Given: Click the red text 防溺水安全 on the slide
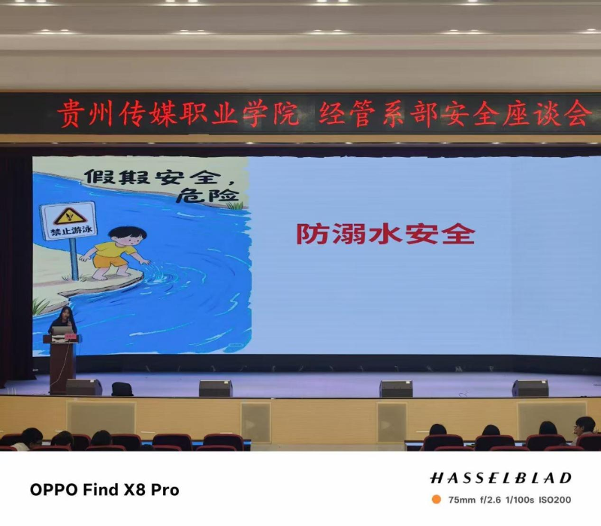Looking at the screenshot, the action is [385, 234].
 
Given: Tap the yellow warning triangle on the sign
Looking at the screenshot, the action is [69, 216].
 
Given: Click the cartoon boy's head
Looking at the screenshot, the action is [127, 237].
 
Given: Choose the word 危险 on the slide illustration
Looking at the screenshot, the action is [207, 195].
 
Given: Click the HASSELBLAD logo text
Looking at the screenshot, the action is [501, 478].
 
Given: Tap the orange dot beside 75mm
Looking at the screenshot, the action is [436, 499].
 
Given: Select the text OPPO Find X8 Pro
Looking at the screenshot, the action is [104, 490].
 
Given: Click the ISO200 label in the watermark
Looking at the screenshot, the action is [555, 500].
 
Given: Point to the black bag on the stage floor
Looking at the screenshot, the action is [122, 389].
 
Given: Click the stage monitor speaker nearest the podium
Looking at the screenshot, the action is [84, 387].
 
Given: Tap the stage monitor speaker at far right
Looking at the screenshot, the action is [530, 388].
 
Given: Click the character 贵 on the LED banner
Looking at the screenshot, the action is [71, 113].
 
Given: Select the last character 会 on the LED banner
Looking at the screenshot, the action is [578, 113].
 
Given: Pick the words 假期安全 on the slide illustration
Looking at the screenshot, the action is [153, 177].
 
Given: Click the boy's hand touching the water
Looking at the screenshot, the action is [145, 261].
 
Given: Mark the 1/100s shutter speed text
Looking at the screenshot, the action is [519, 500].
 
